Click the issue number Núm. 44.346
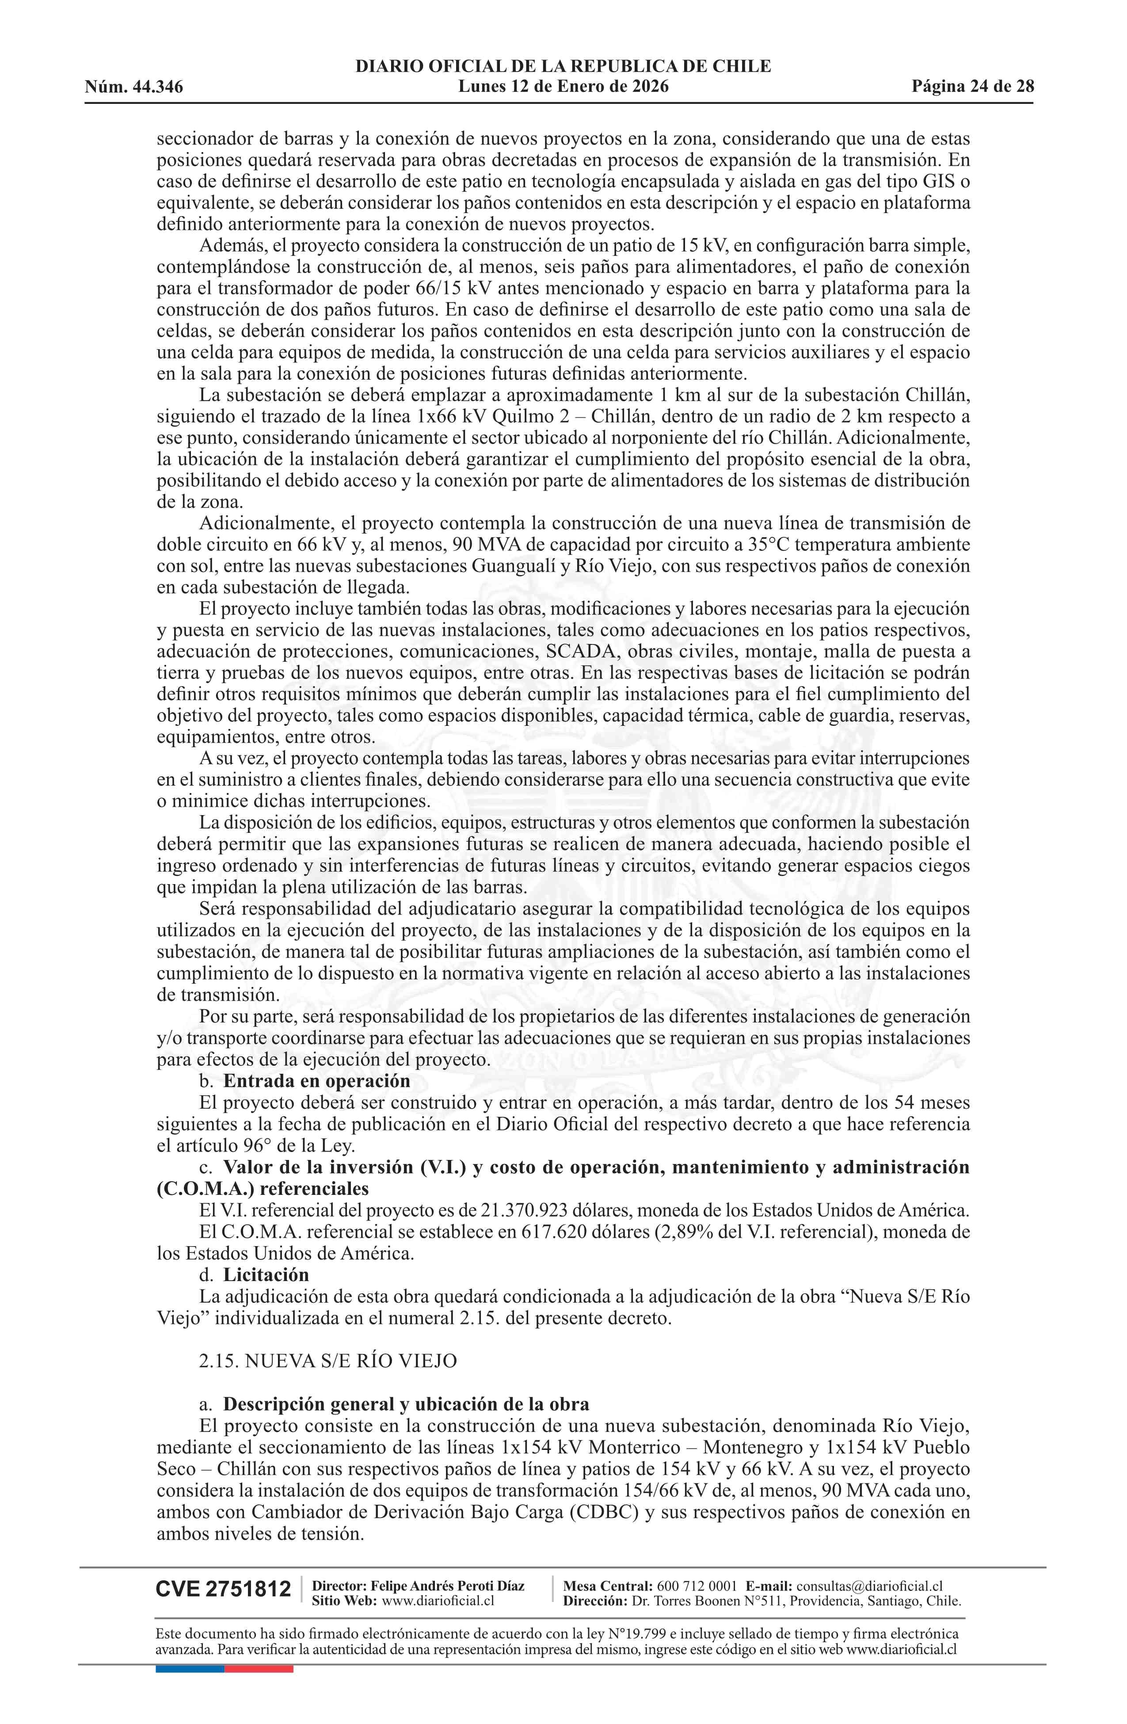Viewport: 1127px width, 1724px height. tap(133, 88)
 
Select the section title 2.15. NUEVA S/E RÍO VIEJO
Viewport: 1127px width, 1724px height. tap(328, 1361)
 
